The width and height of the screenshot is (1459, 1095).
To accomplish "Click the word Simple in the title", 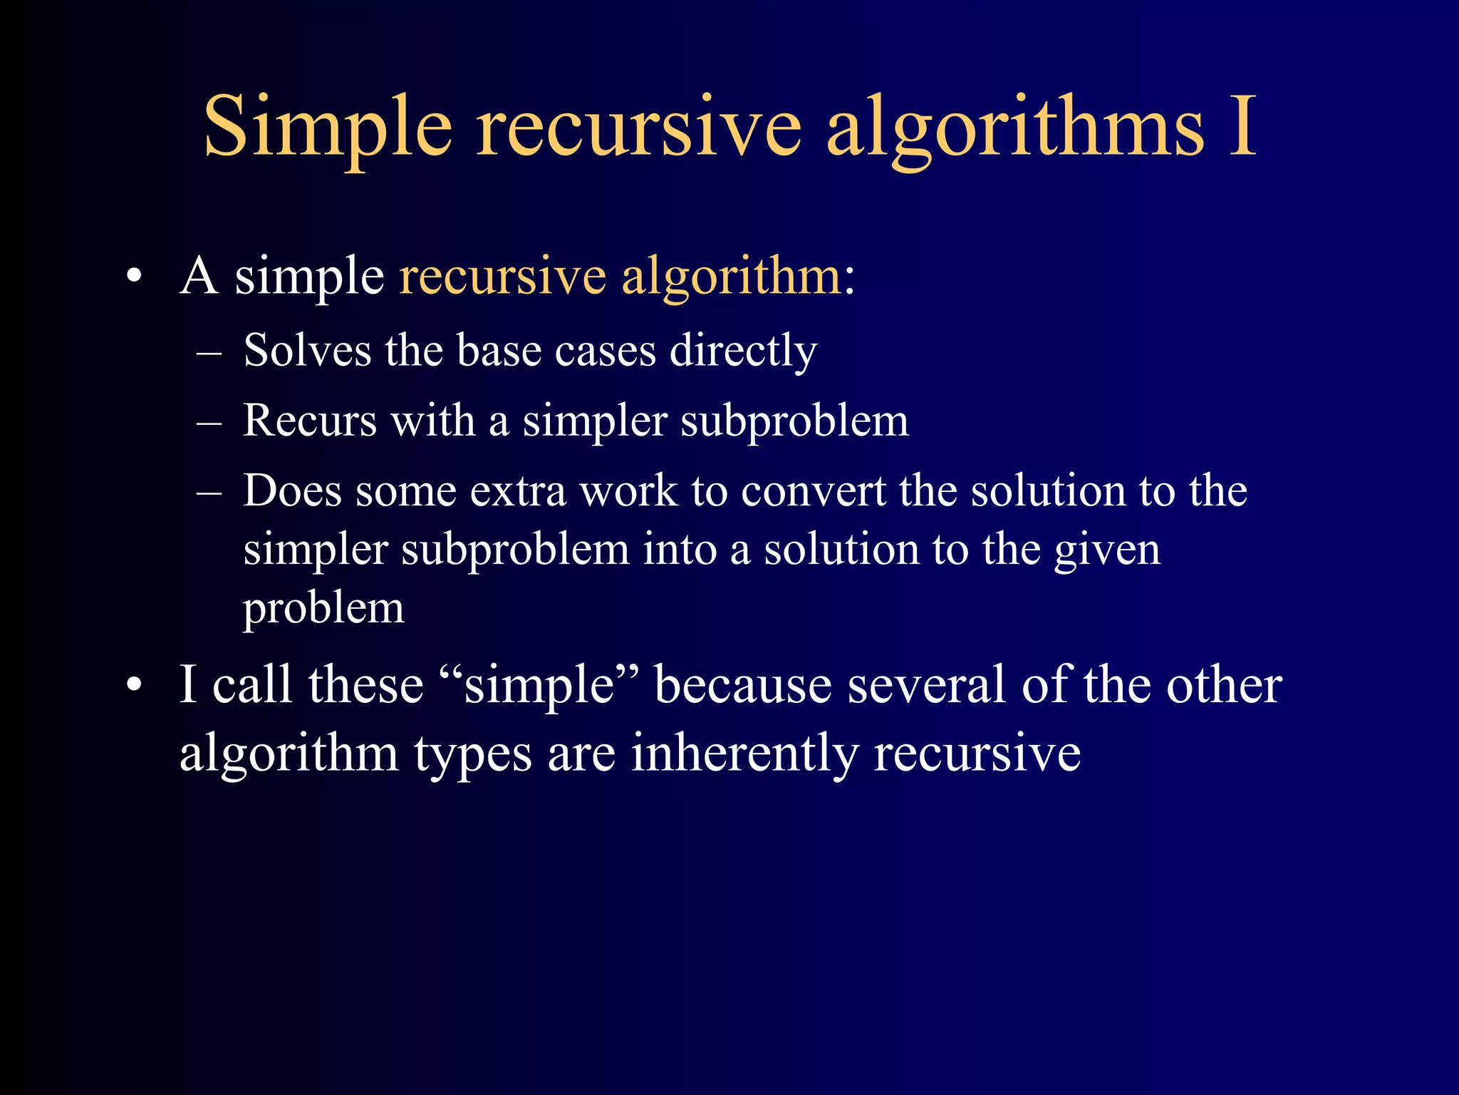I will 328,128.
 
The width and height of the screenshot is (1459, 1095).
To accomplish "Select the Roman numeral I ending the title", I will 1242,127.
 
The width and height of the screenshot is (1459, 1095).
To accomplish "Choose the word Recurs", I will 310,420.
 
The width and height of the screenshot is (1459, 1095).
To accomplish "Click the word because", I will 743,685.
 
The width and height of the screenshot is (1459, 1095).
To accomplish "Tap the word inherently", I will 744,754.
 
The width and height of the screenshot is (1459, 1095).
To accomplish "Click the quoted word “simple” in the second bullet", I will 540,686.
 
